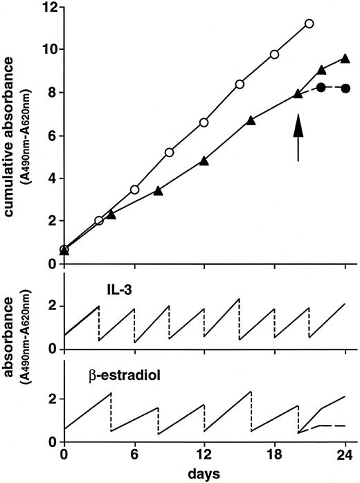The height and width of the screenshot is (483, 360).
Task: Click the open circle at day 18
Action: click(275, 54)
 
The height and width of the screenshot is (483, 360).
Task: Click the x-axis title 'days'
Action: click(204, 474)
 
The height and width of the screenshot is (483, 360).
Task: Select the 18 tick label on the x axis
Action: click(275, 456)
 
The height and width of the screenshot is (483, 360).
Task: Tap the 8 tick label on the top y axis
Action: click(52, 93)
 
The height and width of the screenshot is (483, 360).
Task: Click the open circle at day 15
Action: click(240, 84)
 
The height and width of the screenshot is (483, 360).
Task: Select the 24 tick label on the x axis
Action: click(345, 456)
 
